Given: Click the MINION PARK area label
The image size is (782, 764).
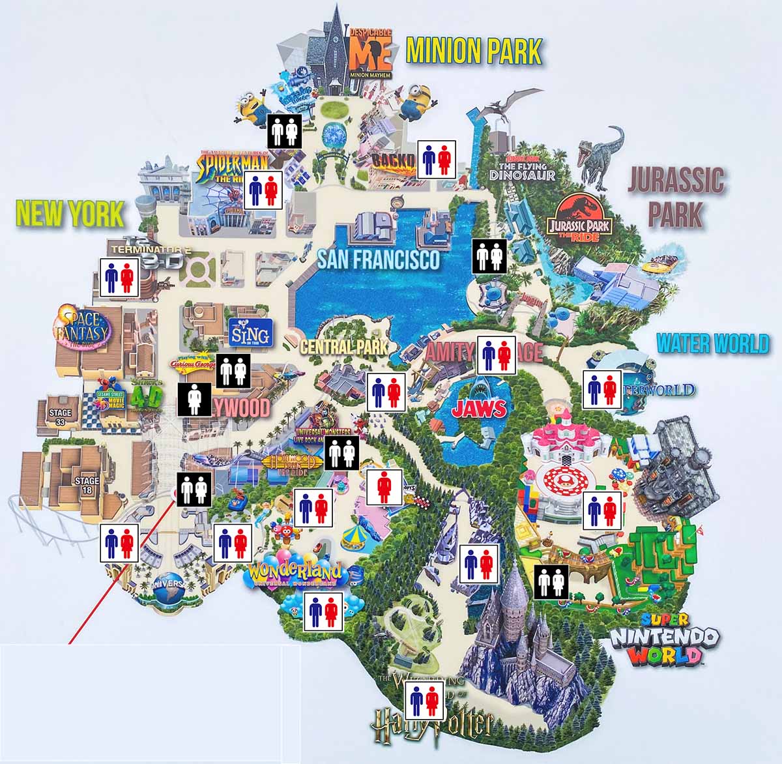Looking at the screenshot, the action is click(x=474, y=51).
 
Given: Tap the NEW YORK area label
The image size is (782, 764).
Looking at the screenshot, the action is click(x=70, y=214).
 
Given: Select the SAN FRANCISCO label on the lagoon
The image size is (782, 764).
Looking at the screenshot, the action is click(x=379, y=260).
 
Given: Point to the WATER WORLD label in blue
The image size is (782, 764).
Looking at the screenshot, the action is click(x=712, y=344).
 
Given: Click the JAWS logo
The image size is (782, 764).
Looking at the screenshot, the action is click(x=479, y=409).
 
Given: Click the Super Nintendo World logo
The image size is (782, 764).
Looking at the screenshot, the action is click(x=664, y=638).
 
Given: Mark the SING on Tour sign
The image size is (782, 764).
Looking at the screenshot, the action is click(x=248, y=333).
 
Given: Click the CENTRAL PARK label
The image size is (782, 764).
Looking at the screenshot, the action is click(x=343, y=347).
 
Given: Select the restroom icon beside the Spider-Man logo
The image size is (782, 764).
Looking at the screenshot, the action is click(x=264, y=190).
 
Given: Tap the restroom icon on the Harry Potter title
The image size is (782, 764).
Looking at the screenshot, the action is click(x=425, y=701).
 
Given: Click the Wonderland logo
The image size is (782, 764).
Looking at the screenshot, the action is click(x=296, y=574).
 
